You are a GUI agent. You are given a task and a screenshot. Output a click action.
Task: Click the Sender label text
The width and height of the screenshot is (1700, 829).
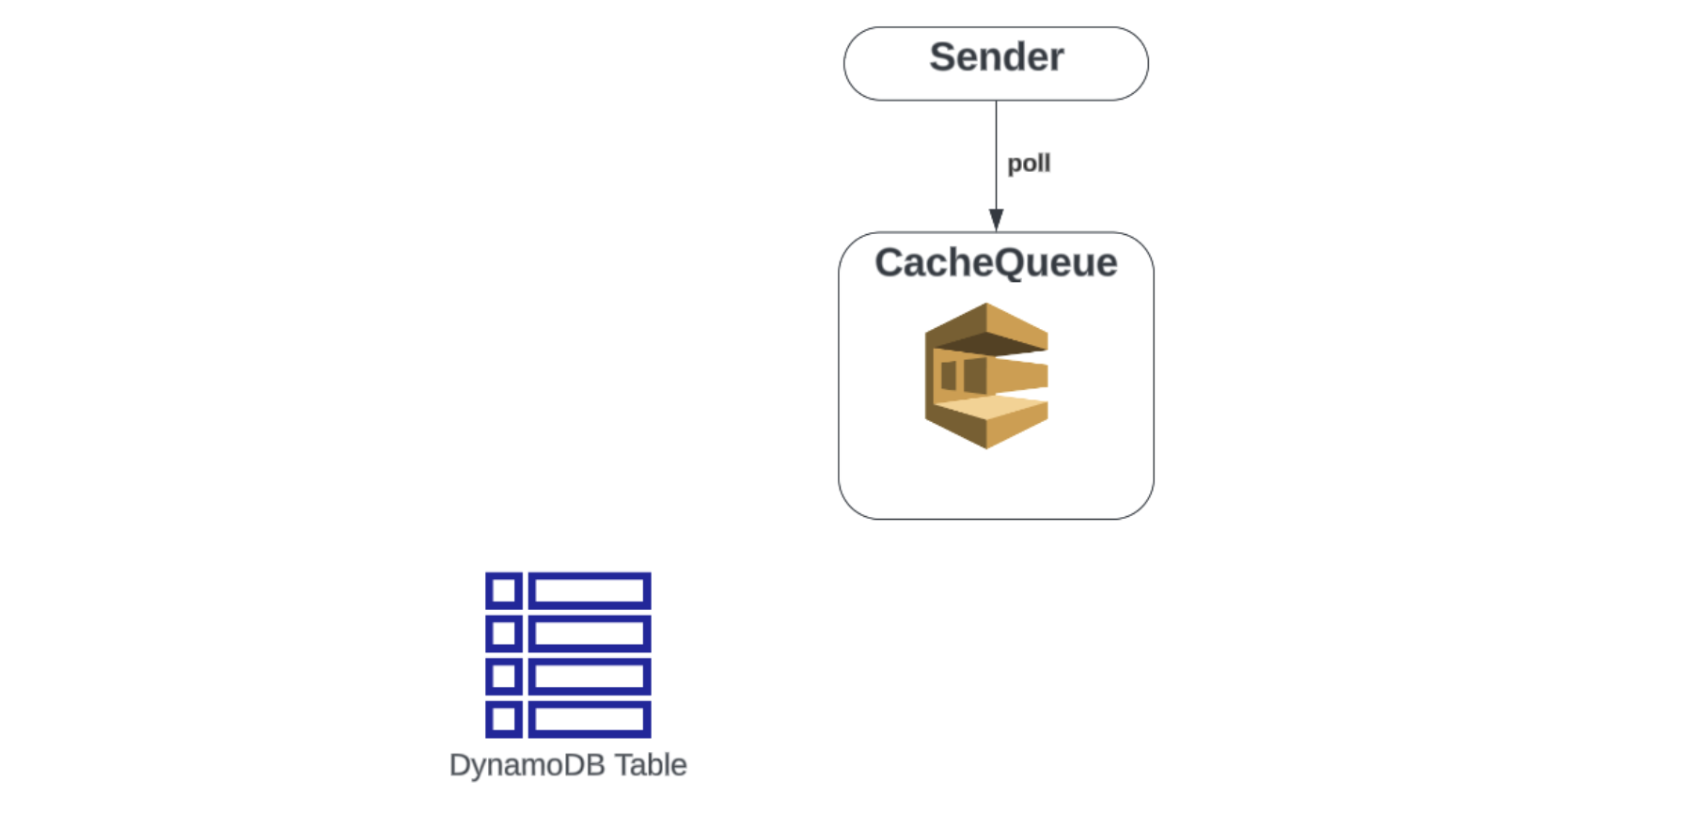click(x=996, y=57)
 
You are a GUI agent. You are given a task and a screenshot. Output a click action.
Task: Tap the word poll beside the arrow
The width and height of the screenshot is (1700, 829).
click(x=1029, y=164)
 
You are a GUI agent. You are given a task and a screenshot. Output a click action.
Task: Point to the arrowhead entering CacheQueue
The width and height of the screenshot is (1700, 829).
click(x=996, y=220)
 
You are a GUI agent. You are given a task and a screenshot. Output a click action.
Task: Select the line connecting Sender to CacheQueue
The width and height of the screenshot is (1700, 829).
click(x=996, y=150)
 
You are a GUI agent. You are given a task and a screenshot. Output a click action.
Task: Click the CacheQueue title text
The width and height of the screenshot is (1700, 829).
click(x=996, y=262)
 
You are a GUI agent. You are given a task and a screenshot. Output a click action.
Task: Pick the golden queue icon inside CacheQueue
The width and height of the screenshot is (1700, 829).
click(x=986, y=375)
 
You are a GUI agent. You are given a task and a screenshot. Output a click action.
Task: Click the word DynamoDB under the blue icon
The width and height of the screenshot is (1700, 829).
click(x=527, y=765)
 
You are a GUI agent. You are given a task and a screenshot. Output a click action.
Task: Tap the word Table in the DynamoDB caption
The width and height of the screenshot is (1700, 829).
click(x=651, y=765)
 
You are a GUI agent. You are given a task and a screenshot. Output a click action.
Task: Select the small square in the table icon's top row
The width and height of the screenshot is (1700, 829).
click(x=504, y=591)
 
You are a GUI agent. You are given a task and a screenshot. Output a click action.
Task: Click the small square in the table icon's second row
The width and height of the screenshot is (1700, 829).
click(x=504, y=633)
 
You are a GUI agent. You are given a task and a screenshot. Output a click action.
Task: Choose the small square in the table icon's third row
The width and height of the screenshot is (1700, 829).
click(x=504, y=677)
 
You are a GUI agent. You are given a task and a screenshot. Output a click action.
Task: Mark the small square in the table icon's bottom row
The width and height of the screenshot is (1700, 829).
click(x=504, y=720)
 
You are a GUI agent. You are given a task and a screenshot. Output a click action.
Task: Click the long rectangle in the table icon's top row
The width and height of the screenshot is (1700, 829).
click(x=590, y=591)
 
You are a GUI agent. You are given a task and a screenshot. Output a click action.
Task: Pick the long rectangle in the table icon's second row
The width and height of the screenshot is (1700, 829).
click(x=590, y=633)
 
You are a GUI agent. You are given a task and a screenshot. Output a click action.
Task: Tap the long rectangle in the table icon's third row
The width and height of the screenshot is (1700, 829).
click(x=590, y=677)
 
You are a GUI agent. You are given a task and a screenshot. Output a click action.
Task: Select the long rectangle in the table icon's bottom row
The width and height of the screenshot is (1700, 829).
click(x=590, y=720)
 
